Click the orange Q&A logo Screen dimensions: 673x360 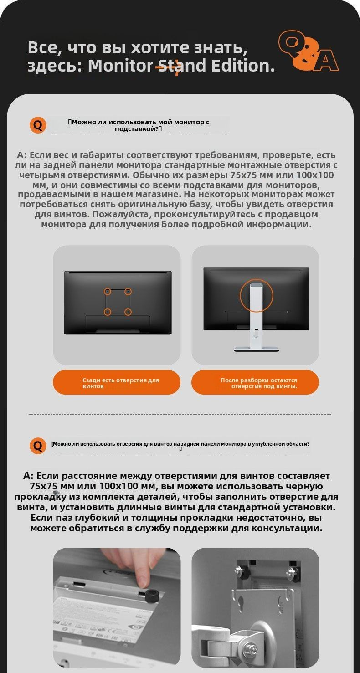point(309,51)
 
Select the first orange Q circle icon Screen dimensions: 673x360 point(38,125)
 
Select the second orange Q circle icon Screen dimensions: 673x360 point(38,446)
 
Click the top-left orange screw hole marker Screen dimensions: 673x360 point(108,291)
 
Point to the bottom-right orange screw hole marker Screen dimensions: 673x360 point(128,312)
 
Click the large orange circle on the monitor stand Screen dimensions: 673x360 point(256,295)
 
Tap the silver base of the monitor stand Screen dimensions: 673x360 point(256,349)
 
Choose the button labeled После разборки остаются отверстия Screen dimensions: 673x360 point(255,383)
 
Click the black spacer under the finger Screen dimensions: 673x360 point(151,594)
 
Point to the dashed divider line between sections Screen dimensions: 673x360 point(180,414)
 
